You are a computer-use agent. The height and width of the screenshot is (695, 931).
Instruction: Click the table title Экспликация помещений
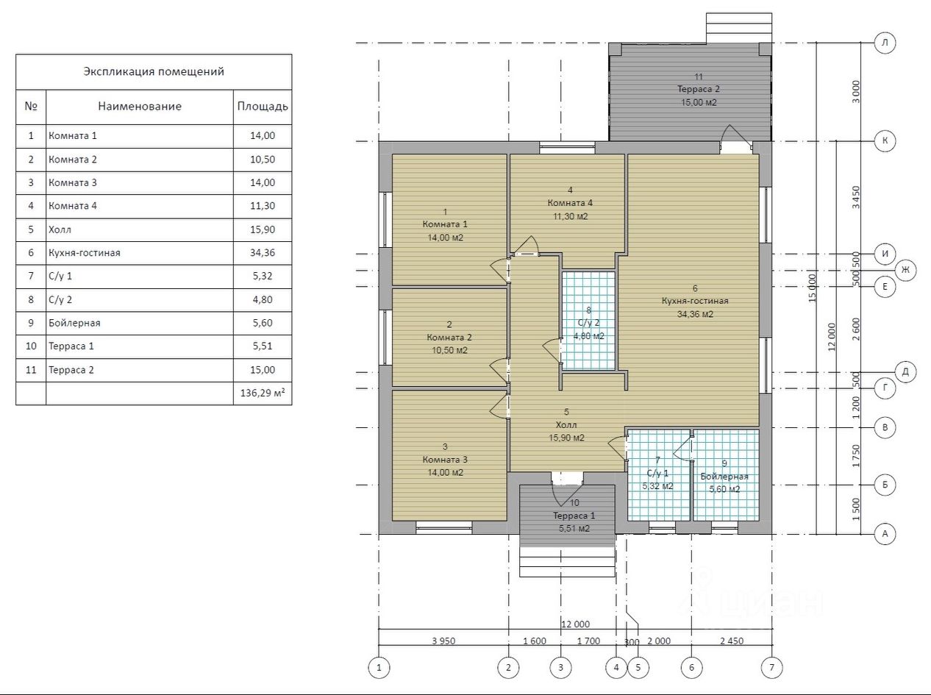point(154,71)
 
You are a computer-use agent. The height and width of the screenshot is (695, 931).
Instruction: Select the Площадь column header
point(263,106)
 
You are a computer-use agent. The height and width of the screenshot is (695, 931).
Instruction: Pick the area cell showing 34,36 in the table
point(263,253)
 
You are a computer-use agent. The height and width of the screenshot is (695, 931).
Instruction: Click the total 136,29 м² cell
point(263,393)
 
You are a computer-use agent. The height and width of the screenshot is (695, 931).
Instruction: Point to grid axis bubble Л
point(885,43)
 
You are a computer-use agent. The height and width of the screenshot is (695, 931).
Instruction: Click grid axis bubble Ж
point(905,270)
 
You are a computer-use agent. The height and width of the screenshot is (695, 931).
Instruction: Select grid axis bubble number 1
point(379,668)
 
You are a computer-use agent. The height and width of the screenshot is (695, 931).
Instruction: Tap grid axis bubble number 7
point(771,668)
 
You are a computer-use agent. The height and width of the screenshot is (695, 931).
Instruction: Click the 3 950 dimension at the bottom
point(443,641)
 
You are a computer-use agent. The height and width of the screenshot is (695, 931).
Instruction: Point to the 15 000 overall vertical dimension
point(812,288)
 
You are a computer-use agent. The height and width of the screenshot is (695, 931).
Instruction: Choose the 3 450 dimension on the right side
point(856,197)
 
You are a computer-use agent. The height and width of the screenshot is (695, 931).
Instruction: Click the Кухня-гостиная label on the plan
point(695,301)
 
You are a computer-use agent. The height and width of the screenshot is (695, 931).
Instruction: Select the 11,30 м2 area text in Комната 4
point(570,216)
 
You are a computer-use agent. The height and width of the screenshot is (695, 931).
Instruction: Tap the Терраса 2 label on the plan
point(699,89)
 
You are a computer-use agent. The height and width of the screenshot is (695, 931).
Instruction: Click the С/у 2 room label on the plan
point(589,323)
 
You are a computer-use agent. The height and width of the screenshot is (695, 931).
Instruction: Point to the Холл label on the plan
point(566,425)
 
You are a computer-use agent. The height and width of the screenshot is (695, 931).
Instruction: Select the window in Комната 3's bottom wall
point(443,527)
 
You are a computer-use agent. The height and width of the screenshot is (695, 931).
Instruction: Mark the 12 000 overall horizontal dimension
point(575,624)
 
